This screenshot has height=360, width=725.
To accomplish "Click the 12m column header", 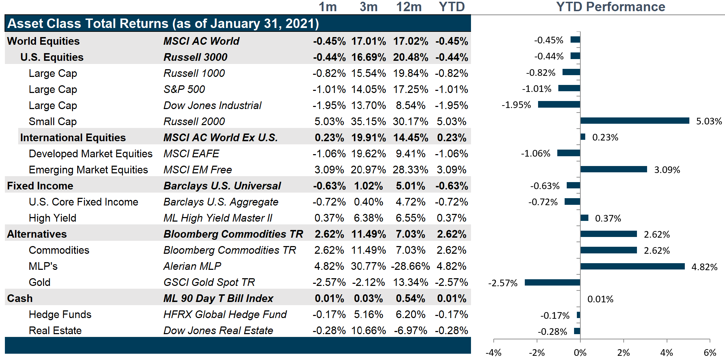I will pos(409,7).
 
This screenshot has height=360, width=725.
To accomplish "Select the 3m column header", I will pos(369,7).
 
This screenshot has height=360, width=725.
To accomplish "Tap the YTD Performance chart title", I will pos(610,7).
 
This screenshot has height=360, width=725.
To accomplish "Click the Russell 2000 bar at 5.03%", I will pos(635,121).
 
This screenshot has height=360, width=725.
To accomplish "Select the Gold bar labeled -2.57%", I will pos(552,282).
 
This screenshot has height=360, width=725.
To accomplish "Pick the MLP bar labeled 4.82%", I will pos(632,266).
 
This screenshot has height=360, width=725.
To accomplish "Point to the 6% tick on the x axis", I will pos(710,352).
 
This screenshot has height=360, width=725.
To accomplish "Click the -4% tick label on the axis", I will pos(493,352).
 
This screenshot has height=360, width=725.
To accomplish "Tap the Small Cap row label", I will pos(52,122).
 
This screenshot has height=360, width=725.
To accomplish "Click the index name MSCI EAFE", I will pos(191,154).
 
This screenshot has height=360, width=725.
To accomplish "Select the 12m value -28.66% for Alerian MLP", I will pos(410,266).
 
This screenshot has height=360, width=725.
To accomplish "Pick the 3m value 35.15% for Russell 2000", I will pos(368,122).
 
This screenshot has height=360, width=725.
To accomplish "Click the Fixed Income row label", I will pos(40,186).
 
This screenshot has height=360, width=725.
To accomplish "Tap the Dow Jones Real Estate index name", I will pos(218,331).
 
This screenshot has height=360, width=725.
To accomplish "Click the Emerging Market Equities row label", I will pos(88,170).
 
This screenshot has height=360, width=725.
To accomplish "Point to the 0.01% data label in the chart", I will pos(600,299).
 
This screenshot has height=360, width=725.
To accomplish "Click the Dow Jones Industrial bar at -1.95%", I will pos(559,105).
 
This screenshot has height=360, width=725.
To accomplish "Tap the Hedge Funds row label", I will pos(60,315).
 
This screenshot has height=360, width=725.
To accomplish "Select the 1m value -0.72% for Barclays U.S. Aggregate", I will pos(329,202).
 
